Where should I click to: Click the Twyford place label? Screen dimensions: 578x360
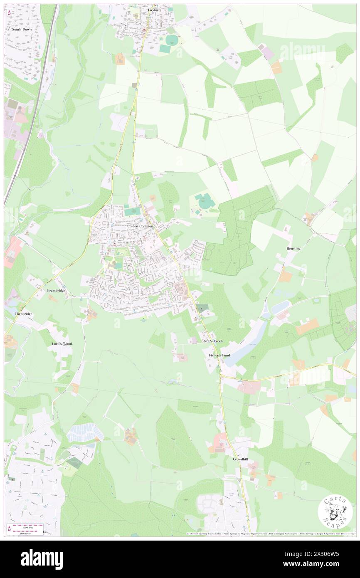154,9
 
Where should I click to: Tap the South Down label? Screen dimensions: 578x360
22,30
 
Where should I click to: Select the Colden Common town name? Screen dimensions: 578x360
140,226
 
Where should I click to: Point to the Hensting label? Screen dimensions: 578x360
293,248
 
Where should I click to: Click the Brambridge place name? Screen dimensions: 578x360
56,290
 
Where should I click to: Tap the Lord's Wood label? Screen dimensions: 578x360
62,344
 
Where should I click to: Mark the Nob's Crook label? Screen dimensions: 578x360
213,341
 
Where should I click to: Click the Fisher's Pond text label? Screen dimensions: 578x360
219,356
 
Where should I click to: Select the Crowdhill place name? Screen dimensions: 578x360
240,459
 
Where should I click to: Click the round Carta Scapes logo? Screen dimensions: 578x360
335,511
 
